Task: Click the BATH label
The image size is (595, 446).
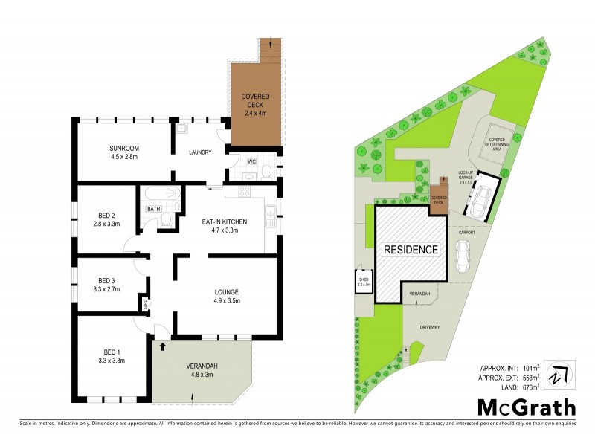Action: pos(153,210)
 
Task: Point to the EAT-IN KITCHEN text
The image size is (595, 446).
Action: pos(225,222)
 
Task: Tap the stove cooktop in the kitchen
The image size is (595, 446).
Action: pos(243,193)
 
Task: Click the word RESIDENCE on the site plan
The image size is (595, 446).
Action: pos(411,250)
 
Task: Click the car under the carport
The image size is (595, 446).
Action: pos(463,257)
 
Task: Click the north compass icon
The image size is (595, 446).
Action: pos(559,372)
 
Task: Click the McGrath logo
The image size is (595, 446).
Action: pos(526,407)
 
